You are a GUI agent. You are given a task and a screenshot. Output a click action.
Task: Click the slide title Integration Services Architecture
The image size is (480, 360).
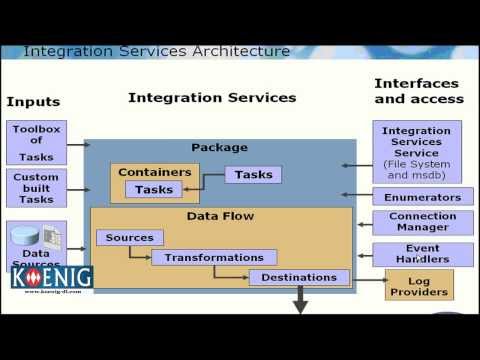156,51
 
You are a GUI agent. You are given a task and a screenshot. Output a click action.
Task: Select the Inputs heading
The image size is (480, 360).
33,101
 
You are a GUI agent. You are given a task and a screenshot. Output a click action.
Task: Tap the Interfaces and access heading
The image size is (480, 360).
418,91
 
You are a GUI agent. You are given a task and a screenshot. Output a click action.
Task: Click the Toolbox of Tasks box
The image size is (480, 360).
37,142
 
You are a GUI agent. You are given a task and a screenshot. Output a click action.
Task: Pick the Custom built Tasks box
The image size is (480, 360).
37,187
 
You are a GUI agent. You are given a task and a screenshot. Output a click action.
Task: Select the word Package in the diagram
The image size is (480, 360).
219,147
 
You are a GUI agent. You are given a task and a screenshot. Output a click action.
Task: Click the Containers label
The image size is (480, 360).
154,172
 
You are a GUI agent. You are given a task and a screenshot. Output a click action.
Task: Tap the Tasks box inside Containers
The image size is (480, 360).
154,190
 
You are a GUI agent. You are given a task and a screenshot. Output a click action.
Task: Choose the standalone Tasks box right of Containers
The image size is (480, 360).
253,175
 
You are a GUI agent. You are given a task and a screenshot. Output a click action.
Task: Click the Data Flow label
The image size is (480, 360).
220,216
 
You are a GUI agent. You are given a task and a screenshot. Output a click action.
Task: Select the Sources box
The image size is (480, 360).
129,238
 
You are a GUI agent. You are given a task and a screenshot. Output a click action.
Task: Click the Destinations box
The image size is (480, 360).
299,277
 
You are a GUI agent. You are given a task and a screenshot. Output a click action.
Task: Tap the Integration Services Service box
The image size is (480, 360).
416,151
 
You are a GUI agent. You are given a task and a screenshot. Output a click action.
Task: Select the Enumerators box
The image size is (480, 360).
415,198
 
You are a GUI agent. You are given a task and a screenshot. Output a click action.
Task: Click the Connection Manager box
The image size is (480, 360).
415,223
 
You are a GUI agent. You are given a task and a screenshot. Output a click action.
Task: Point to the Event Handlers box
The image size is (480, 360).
415,254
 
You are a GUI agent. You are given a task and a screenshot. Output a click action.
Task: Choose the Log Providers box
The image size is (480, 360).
420,284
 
